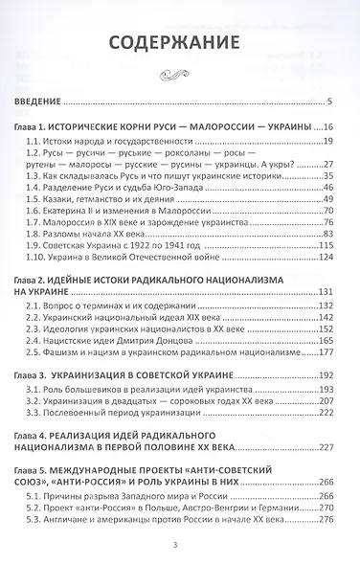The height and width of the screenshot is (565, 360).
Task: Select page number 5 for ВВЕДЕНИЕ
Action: (x=328, y=100)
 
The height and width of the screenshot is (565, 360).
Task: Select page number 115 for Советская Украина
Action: (x=325, y=244)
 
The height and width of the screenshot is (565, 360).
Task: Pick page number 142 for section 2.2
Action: (x=325, y=315)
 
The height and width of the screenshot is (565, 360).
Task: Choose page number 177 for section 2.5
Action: (x=325, y=352)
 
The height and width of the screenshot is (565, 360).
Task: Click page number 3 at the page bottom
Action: (x=180, y=546)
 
